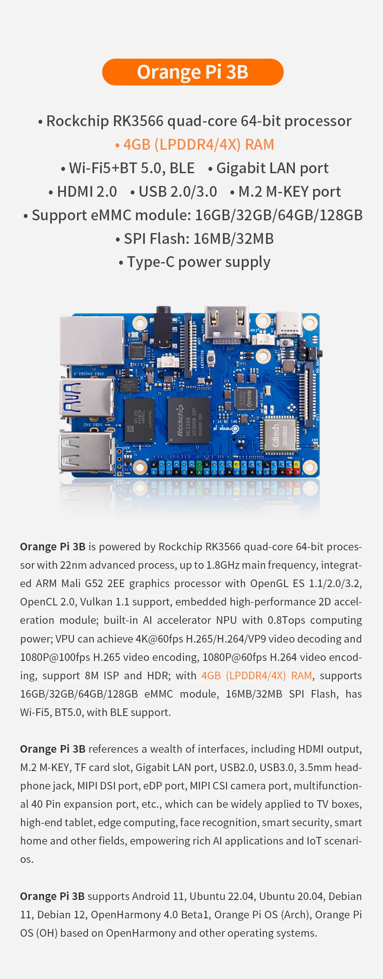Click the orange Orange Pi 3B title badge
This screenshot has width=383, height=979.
pos(193,72)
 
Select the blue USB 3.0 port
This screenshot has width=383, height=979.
pos(87,398)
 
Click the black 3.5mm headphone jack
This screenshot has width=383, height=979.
pos(163,325)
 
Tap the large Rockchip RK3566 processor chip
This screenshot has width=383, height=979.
pos(189,420)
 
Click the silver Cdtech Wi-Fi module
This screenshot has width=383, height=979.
pos(280,435)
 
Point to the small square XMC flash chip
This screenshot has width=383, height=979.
pos(130,385)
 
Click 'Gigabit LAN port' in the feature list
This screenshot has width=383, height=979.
pos(272,168)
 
